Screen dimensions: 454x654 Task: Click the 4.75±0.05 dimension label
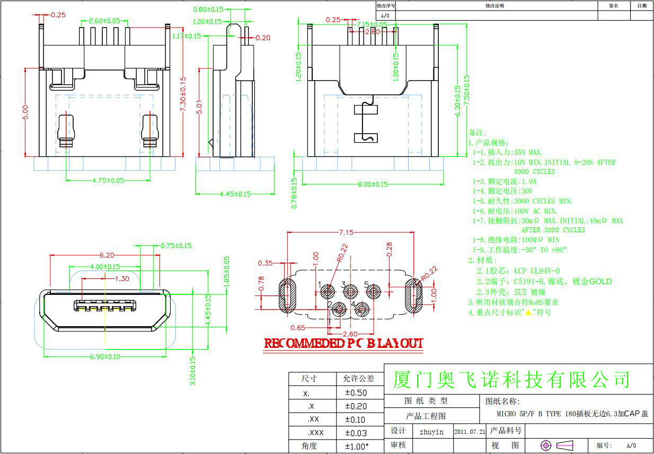click(x=108, y=180)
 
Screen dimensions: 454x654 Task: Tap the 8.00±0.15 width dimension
click(x=373, y=185)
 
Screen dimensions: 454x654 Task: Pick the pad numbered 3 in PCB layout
click(x=350, y=291)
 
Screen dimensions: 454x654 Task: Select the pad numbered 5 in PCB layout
click(x=374, y=291)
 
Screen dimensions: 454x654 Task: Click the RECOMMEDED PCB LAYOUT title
click(x=343, y=343)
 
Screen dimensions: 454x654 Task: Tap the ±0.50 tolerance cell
click(x=356, y=393)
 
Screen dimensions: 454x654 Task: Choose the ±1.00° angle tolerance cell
click(x=357, y=446)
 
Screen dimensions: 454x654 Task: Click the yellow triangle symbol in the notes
click(x=528, y=312)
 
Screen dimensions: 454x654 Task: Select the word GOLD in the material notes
click(x=600, y=282)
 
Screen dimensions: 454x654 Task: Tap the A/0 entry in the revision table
click(x=385, y=16)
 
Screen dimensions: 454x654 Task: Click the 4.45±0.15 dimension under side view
click(x=235, y=194)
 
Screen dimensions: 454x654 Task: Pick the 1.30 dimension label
click(x=122, y=278)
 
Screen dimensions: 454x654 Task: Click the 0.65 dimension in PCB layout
click(x=297, y=328)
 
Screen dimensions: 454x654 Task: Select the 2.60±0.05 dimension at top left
click(x=104, y=21)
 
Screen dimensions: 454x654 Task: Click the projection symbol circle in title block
click(x=546, y=445)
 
